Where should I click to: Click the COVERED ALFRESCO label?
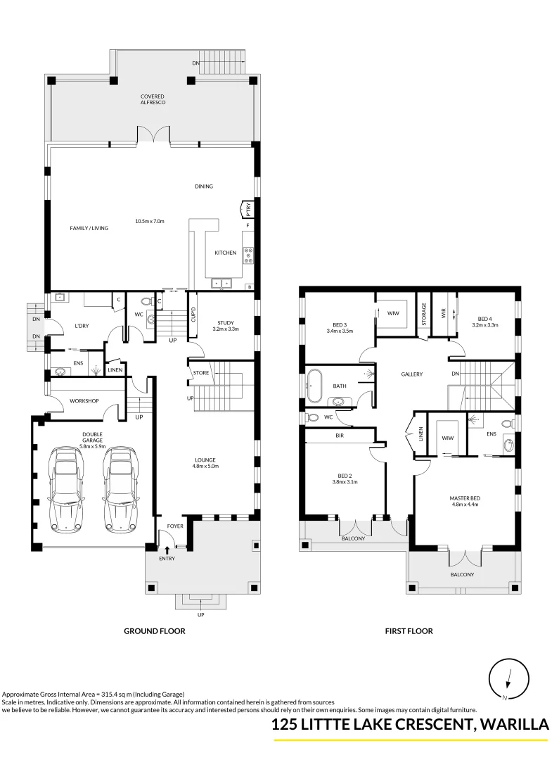(152, 99)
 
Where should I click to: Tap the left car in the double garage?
(65, 490)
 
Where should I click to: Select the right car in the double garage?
(119, 490)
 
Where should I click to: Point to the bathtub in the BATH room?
(314, 386)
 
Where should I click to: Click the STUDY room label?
(225, 322)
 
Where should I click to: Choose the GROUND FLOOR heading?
(154, 631)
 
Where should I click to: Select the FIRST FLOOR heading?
(409, 631)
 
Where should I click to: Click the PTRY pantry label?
(248, 209)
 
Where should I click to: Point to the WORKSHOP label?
(84, 401)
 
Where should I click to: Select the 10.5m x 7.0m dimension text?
(150, 221)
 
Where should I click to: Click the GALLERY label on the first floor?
(411, 374)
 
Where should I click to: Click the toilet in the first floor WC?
(312, 417)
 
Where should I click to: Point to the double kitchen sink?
(222, 283)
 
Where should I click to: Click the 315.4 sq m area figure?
(110, 694)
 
